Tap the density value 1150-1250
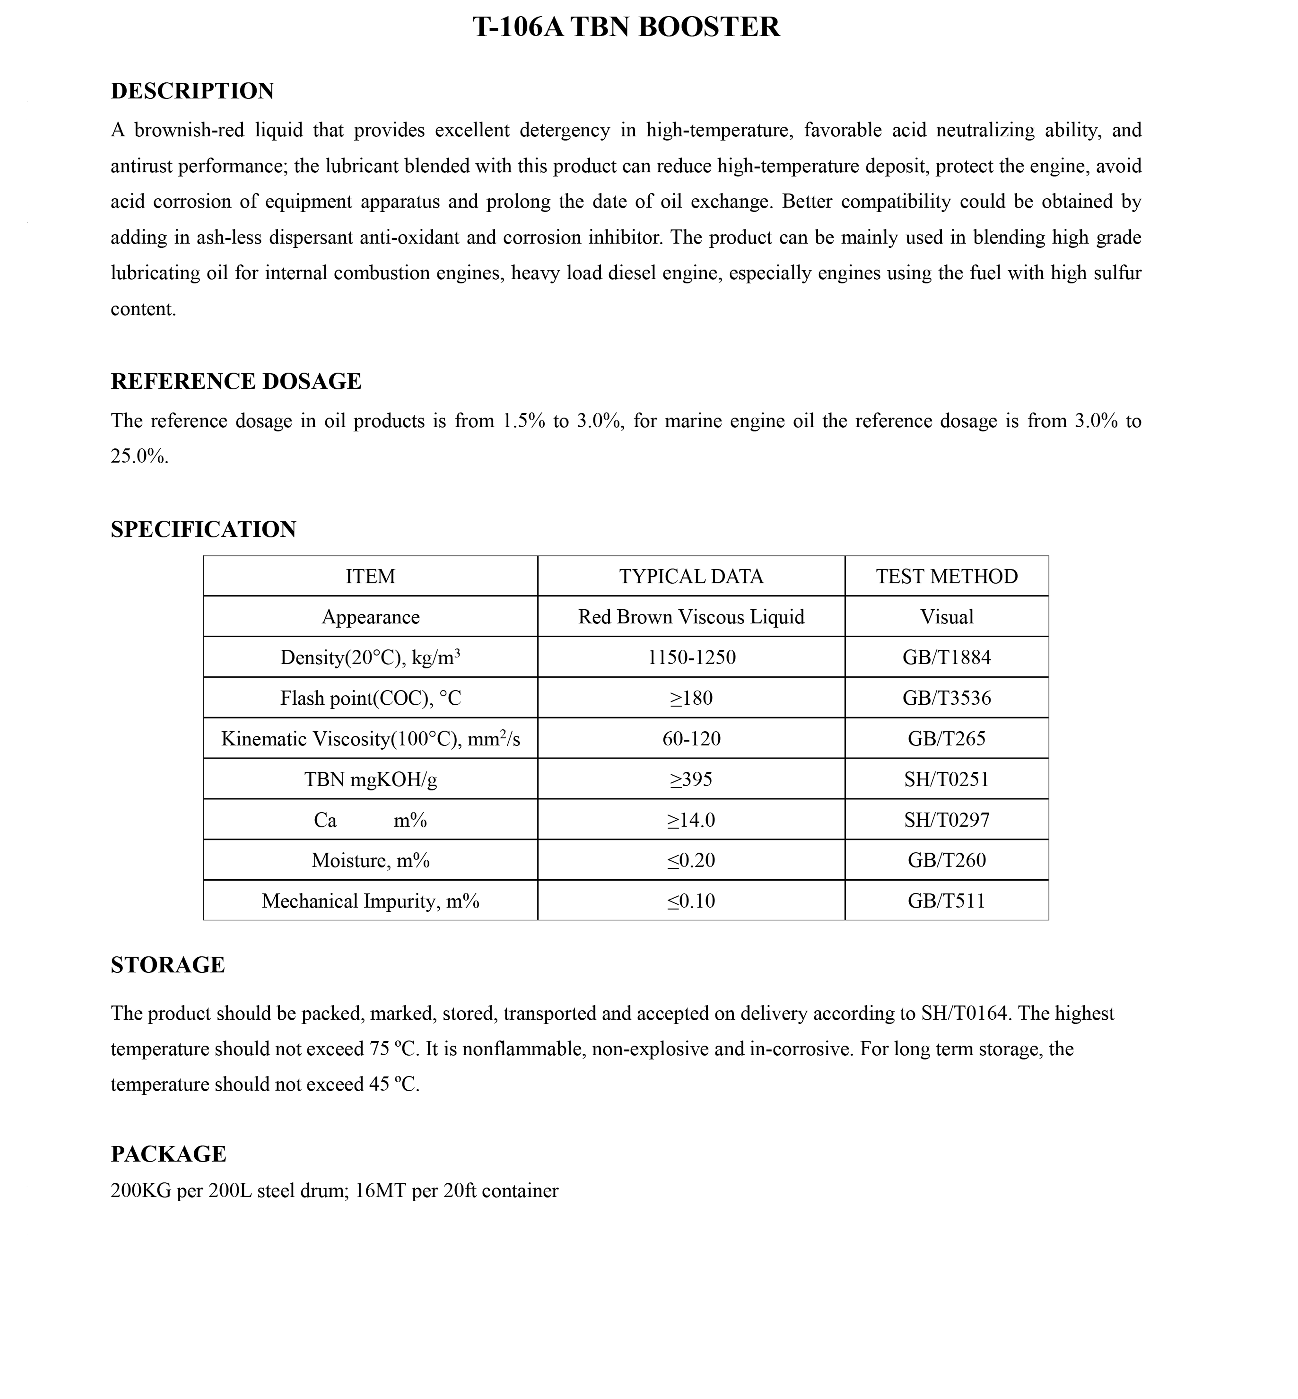691,658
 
